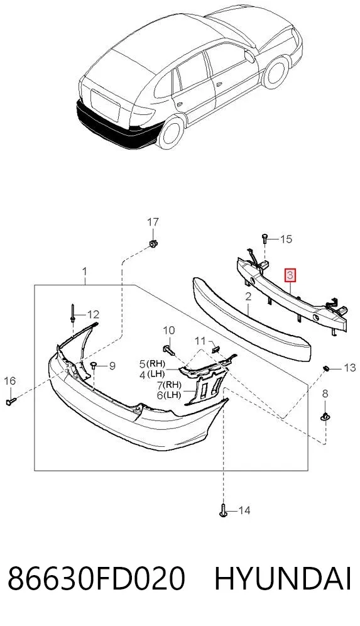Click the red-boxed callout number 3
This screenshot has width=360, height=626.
(290, 275)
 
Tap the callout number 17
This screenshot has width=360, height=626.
(153, 222)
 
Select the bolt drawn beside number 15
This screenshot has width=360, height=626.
(265, 238)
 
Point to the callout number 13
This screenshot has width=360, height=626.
(349, 367)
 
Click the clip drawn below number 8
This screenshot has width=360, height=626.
(325, 417)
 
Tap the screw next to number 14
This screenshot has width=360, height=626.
(223, 510)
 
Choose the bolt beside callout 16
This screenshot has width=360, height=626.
(11, 401)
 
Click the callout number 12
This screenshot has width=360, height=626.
(93, 315)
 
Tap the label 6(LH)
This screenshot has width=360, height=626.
(169, 395)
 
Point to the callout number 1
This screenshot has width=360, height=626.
(85, 272)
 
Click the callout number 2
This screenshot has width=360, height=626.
(248, 297)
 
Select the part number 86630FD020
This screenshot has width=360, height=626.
(96, 578)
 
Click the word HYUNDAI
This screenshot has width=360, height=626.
(283, 578)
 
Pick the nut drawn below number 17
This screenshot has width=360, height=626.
(153, 243)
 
